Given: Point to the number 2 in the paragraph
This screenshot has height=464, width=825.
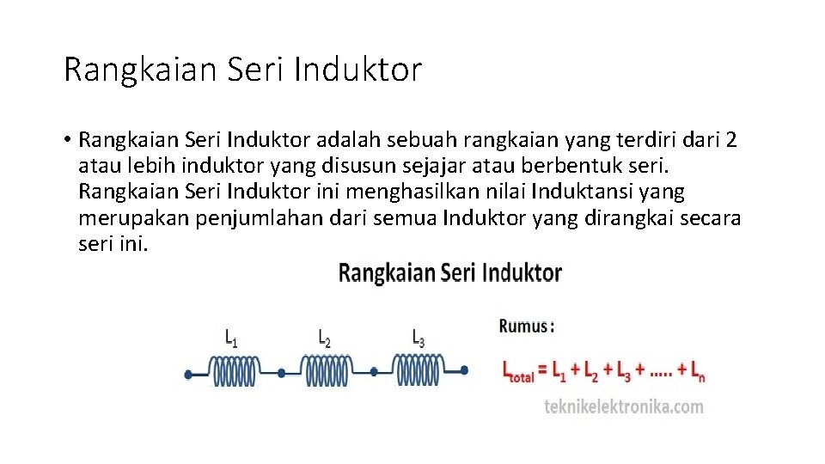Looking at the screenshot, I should pos(730,140).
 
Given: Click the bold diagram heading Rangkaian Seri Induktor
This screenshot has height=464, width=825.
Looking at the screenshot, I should pos(450,273).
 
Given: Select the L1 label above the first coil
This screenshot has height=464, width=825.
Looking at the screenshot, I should pos(232,338).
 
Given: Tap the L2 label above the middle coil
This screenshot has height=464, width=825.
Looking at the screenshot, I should pos(324,338).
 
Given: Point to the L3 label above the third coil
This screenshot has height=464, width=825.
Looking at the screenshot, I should pos(419,338).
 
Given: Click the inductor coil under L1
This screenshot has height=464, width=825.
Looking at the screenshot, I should pos(235,371).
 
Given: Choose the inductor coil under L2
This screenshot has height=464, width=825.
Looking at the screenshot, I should pos(327,371).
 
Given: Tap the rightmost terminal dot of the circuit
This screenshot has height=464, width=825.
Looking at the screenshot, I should pos(464,370).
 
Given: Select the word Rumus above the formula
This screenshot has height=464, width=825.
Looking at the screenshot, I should pos(522,327).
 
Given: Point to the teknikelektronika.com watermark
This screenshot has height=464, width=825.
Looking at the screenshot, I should pos(624,406).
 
